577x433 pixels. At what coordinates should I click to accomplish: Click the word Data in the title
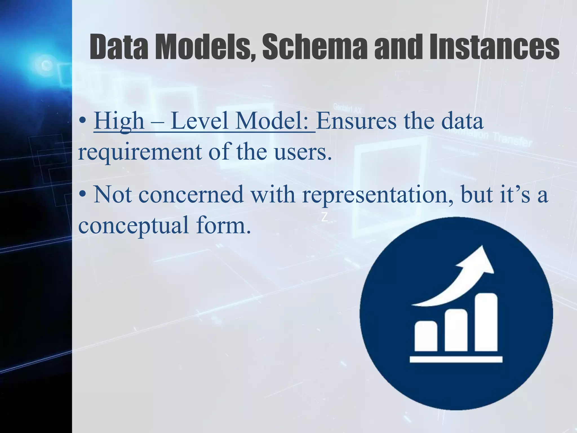[119, 47]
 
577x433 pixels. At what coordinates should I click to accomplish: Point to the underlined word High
[119, 121]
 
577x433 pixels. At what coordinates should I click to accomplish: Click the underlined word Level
[199, 121]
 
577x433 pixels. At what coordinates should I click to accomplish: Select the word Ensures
[356, 121]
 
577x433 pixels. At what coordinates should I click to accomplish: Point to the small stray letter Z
[325, 217]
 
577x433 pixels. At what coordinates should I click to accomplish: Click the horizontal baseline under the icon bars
[456, 359]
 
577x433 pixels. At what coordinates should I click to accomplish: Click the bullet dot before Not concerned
[82, 195]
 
